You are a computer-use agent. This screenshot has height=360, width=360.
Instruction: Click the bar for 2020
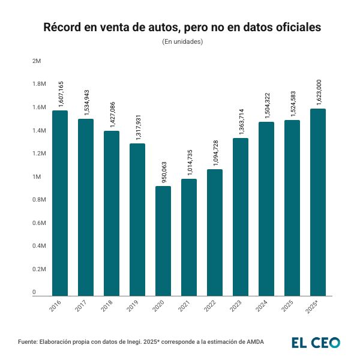163,241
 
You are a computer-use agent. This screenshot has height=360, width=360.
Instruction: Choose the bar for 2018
112,213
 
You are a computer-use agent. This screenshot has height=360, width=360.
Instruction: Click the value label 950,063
163,170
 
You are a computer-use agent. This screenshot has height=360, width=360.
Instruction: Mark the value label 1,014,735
189,163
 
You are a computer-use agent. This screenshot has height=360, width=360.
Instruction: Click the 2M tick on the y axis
37,61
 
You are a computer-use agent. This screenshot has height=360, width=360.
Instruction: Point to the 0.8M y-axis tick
39,200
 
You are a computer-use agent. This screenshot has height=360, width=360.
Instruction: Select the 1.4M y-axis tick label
39,130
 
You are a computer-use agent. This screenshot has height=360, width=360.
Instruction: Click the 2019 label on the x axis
133,307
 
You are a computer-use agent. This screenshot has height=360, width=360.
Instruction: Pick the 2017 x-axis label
82,307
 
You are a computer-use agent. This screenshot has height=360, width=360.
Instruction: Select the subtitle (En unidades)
182,42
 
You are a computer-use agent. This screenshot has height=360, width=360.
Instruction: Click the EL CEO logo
316,342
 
